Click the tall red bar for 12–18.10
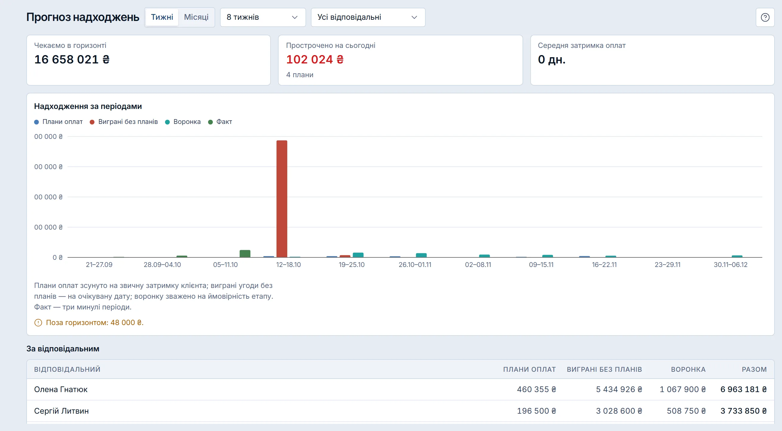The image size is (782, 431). [x=282, y=199]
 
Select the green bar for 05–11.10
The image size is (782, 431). [x=245, y=254]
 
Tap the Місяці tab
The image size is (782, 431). [x=196, y=17]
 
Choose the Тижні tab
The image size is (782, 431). [x=162, y=17]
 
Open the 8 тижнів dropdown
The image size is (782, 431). [x=262, y=17]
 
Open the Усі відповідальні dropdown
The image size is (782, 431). [x=368, y=17]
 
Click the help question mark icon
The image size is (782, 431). [x=765, y=17]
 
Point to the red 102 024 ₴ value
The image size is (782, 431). [x=315, y=59]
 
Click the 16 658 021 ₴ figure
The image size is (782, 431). [x=72, y=59]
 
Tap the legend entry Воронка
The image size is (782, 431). [x=183, y=122]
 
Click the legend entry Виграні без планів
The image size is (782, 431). [x=124, y=122]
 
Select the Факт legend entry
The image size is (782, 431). [x=220, y=122]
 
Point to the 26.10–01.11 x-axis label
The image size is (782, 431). [x=415, y=265]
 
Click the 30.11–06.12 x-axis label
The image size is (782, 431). [x=731, y=265]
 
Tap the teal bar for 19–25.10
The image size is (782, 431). [x=358, y=255]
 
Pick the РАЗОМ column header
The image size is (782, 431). [x=754, y=369]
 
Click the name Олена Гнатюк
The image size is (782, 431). [x=61, y=389]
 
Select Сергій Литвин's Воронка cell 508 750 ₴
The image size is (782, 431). [x=686, y=411]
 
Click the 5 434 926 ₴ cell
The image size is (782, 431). [x=619, y=389]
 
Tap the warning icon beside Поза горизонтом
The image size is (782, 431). [x=38, y=323]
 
